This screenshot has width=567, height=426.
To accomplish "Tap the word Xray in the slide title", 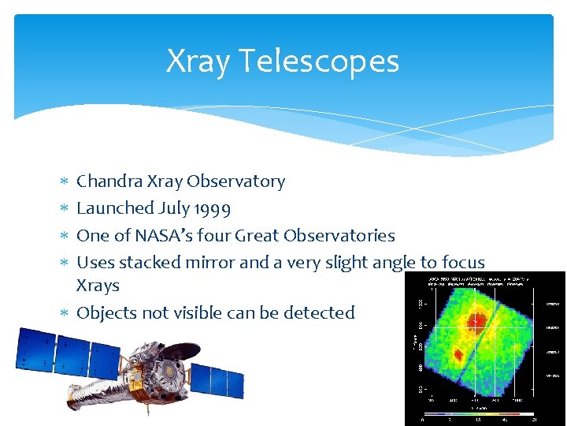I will point(197,61).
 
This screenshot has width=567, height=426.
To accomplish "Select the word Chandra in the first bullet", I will point(109,181).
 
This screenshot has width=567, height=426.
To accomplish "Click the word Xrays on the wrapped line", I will point(98,286).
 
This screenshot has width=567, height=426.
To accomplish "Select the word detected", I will point(319,312).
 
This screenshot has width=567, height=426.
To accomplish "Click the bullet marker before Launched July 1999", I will point(65,209).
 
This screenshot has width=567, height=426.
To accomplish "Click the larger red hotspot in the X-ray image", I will point(476,319).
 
